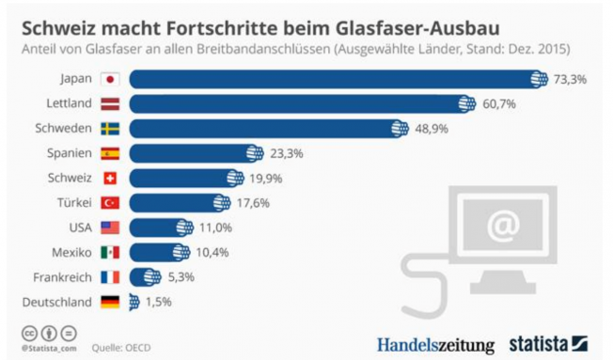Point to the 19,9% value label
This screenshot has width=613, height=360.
coord(263,178)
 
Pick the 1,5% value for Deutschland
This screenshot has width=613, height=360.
coord(158,302)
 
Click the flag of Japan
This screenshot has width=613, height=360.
coord(109,80)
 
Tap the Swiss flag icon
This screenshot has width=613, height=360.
coord(109,178)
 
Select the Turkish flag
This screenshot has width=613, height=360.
coord(109,202)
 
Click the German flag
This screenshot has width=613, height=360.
coord(109,302)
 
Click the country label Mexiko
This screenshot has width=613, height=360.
coord(71,252)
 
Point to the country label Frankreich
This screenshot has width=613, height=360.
coord(61,276)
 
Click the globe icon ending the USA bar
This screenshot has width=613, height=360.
coord(183,227)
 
